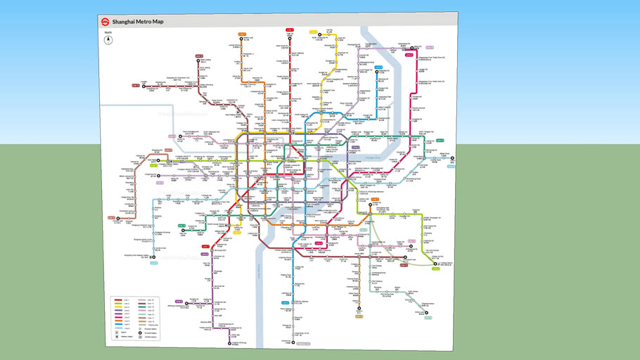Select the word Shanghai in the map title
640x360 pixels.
point(127,22)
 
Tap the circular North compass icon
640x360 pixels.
point(108,39)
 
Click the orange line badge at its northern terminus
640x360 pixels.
point(241,33)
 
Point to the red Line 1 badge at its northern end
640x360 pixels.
point(289,30)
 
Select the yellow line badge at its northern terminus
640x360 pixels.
point(314,32)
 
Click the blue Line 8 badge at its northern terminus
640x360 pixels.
point(378,67)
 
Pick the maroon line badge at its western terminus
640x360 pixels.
point(135,85)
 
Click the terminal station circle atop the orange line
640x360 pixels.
point(241,39)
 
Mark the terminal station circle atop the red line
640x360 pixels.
point(289,36)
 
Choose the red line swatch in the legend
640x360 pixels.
point(118,300)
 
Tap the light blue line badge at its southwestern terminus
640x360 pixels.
point(153,263)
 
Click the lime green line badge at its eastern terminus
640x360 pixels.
point(440,141)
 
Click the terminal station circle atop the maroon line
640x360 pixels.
point(199,61)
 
